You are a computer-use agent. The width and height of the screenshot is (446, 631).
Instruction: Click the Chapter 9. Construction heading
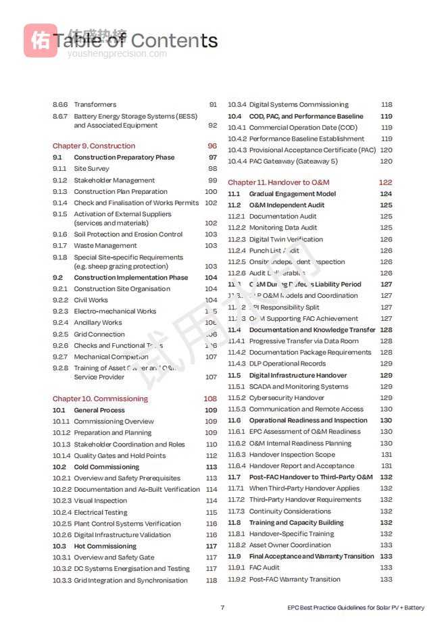(x=94, y=146)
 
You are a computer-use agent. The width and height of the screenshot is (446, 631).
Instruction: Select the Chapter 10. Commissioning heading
(x=100, y=399)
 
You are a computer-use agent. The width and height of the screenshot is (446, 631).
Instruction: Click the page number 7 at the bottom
(x=222, y=607)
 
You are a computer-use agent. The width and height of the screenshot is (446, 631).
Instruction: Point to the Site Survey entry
(x=91, y=169)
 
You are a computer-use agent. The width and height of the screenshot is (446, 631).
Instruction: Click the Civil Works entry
(x=91, y=300)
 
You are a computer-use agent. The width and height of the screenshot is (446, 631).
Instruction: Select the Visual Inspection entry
(x=100, y=501)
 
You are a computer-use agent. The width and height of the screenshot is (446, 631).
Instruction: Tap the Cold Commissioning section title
(x=106, y=467)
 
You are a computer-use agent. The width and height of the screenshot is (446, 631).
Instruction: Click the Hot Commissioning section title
(x=105, y=546)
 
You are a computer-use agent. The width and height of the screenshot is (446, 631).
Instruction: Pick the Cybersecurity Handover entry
(x=287, y=398)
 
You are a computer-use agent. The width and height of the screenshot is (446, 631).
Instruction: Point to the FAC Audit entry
(x=264, y=567)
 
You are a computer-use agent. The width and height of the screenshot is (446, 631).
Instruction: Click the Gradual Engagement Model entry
(x=292, y=194)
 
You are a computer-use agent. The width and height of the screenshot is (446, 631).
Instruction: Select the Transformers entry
(x=95, y=105)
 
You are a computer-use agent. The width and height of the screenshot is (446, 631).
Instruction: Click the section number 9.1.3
(x=60, y=192)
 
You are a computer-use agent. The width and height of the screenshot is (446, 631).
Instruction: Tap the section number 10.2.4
(x=62, y=512)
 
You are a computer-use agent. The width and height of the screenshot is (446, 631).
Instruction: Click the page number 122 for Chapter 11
(x=385, y=182)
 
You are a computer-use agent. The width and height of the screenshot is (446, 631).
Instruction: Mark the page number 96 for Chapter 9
(x=212, y=146)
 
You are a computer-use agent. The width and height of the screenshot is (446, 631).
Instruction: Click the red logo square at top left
(x=41, y=41)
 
